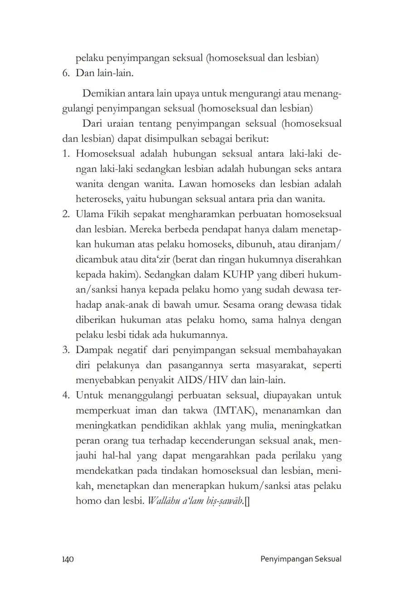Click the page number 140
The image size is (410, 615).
[68, 559]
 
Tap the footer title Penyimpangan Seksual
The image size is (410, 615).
[301, 559]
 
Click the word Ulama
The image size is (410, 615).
[90, 214]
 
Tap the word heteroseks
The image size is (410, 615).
[98, 199]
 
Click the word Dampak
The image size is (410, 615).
[92, 350]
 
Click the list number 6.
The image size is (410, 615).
[66, 73]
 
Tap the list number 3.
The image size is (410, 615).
[66, 350]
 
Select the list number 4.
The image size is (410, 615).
[66, 395]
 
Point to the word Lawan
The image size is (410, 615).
[195, 184]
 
